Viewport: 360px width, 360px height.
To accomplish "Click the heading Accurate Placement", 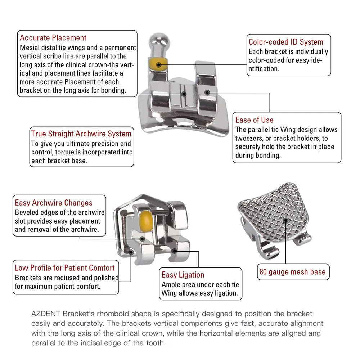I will click(53, 38).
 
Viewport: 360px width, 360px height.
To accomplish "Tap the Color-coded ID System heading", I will click(286, 42).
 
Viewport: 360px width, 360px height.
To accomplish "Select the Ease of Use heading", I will click(254, 120).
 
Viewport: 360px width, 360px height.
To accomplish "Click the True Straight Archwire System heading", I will click(81, 134).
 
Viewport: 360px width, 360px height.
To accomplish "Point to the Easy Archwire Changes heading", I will click(54, 203).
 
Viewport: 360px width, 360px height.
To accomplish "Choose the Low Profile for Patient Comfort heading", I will click(65, 268).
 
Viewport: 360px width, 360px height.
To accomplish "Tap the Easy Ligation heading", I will click(183, 275).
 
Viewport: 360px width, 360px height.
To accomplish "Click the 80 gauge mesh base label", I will click(292, 272).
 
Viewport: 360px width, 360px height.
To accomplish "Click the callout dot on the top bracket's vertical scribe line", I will click(184, 93).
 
